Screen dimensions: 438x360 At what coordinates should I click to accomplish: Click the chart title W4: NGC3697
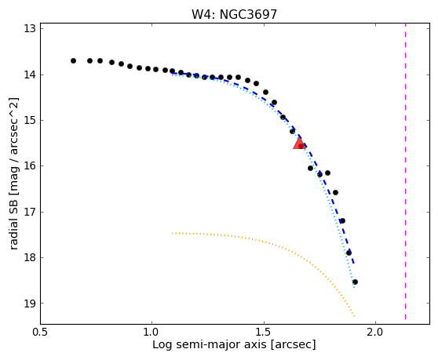[x=234, y=14]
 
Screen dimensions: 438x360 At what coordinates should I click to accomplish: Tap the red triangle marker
[x=299, y=143]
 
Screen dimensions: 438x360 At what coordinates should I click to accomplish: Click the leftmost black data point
[x=73, y=60]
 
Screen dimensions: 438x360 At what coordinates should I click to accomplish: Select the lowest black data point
[x=355, y=282]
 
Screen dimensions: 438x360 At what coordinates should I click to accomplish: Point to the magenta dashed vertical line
[x=405, y=171]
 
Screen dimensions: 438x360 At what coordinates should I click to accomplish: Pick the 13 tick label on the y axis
[x=30, y=29]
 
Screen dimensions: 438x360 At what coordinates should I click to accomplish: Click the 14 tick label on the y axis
[x=30, y=75]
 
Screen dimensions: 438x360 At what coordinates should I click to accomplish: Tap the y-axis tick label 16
[x=30, y=165]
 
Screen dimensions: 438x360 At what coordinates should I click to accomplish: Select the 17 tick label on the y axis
[x=30, y=212]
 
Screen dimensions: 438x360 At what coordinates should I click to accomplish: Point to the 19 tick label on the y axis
[x=30, y=303]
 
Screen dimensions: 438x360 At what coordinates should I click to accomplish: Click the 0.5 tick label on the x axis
[x=40, y=333]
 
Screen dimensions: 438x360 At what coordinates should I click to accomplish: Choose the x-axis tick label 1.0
[x=151, y=333]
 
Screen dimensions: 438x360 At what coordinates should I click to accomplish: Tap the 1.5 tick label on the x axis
[x=264, y=333]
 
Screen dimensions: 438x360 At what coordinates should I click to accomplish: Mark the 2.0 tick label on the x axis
[x=376, y=333]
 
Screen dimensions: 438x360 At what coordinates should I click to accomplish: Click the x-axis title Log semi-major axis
[x=210, y=345]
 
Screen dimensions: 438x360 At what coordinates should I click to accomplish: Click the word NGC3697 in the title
[x=248, y=14]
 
